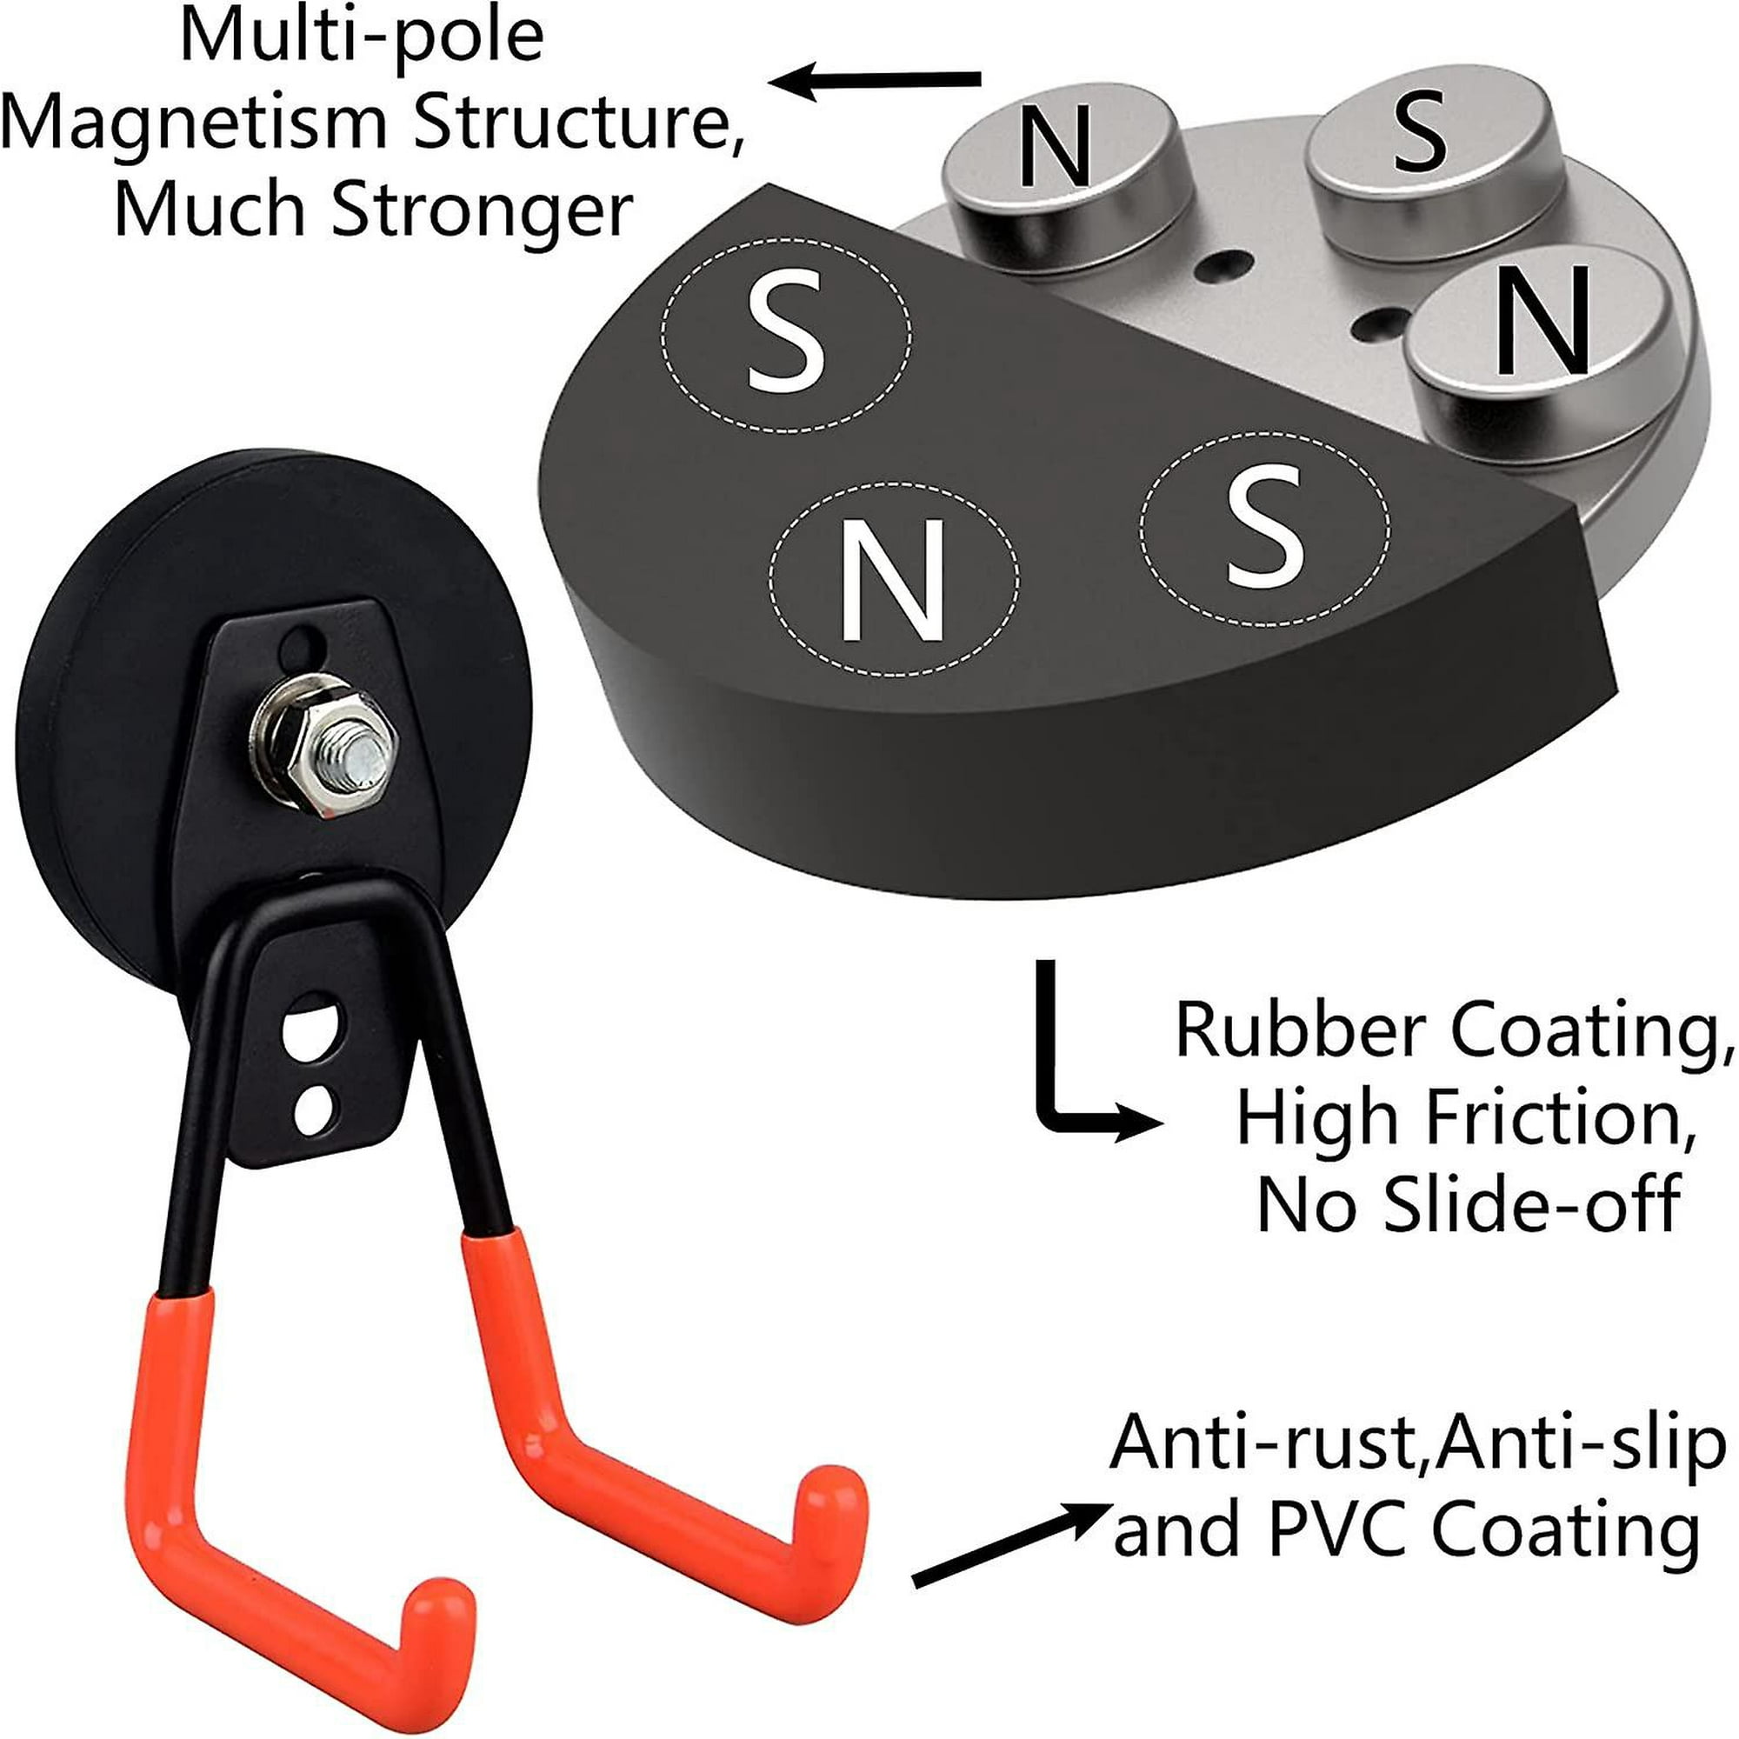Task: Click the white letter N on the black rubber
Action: tap(893, 580)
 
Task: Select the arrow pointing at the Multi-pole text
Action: tap(873, 81)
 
